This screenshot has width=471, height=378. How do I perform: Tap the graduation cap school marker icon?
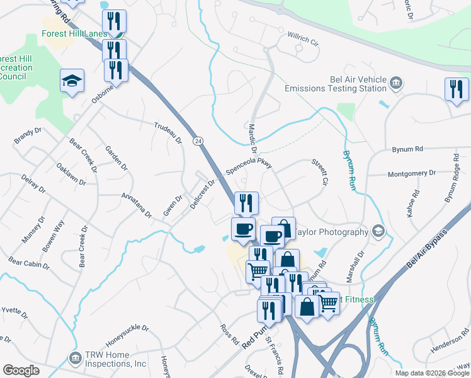coord(72,81)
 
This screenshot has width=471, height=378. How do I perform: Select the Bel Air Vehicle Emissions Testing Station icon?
coord(396,83)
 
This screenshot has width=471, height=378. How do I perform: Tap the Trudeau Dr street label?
coord(167,131)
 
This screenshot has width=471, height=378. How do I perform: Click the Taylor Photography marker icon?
coord(378,231)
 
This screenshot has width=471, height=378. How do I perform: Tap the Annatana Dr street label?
coord(137,205)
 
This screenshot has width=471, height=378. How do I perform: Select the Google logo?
coord(21,370)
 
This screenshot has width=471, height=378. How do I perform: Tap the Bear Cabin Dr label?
coord(28,262)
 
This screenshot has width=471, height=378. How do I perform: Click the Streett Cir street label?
coord(321,171)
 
